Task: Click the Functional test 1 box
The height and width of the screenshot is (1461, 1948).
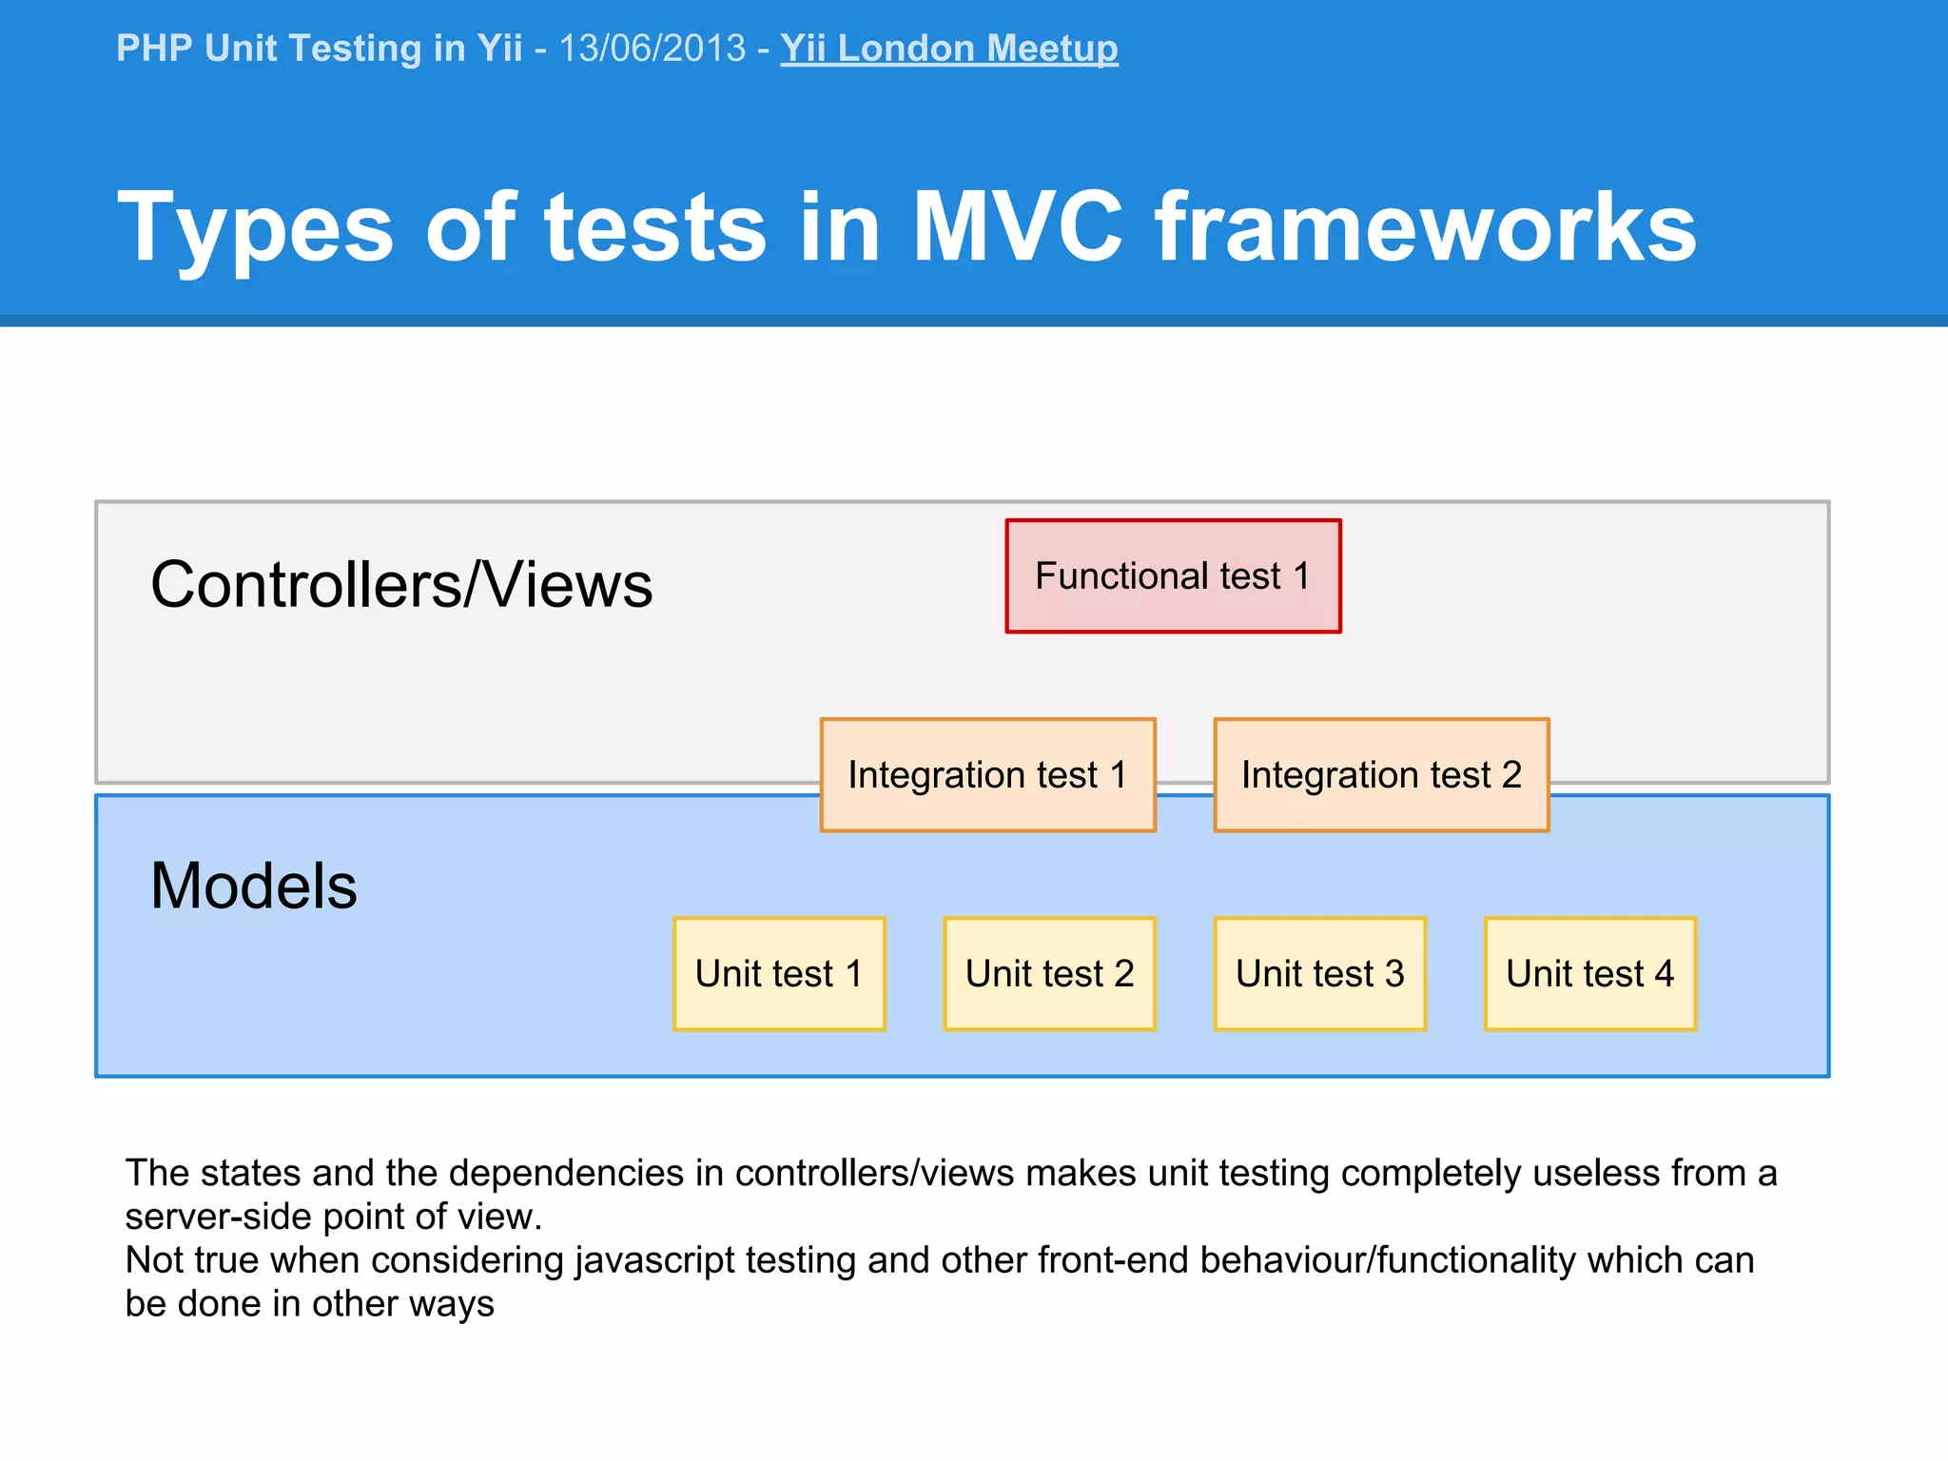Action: pos(1173,576)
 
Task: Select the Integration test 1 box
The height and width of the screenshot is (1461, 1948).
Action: pos(987,775)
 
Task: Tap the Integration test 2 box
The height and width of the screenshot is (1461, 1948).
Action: pos(1381,775)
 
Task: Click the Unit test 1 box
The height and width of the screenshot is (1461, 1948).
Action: pos(779,974)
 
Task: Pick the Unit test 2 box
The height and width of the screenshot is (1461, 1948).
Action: pos(1049,974)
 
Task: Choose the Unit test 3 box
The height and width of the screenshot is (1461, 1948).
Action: pos(1319,974)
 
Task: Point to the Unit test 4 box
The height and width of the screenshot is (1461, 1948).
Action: pos(1589,974)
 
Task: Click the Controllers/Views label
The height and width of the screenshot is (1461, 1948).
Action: pos(401,584)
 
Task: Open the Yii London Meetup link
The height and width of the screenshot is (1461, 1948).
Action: pos(948,49)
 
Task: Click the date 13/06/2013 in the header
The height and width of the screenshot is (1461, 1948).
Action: pos(653,49)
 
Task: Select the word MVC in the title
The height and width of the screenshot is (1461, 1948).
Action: pos(1017,226)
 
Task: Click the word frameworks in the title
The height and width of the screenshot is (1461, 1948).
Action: pos(1425,226)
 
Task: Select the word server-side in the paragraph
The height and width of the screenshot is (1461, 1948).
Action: pos(218,1217)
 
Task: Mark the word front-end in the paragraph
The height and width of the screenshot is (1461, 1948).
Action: pos(1113,1260)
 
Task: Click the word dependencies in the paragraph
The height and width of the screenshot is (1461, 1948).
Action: pos(566,1174)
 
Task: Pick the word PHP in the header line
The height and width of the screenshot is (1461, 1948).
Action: pos(153,49)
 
